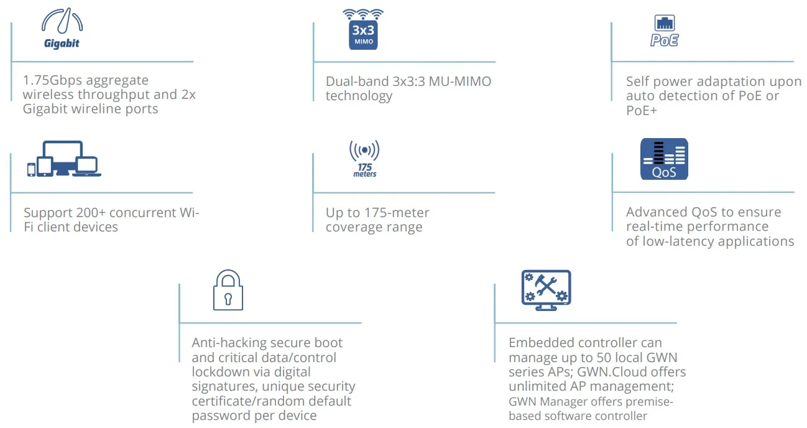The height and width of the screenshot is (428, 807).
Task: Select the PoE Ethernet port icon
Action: [664, 32]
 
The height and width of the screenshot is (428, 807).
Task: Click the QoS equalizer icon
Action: [664, 159]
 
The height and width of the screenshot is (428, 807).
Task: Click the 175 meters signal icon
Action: [364, 159]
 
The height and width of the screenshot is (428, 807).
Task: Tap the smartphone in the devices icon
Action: [31, 169]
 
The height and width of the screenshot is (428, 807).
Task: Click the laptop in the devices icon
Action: [86, 167]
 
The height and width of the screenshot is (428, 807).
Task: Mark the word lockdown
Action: [219, 372]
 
